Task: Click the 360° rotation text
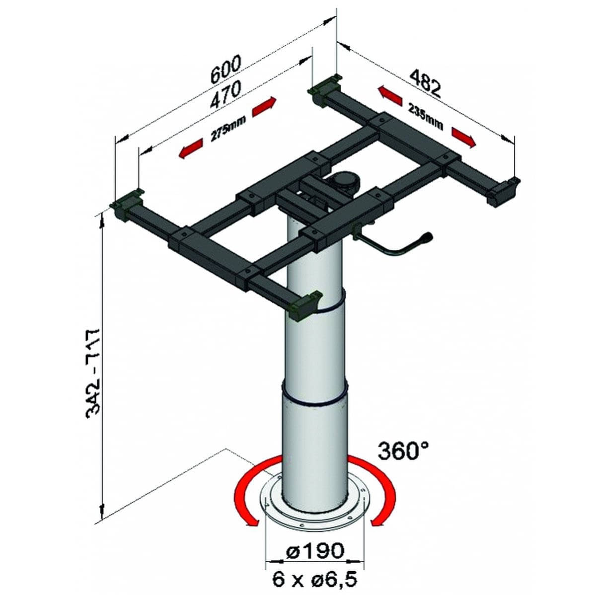point(403,451)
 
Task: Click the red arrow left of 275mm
point(191,150)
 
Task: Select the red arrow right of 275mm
point(263,107)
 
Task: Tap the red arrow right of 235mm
point(463,137)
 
